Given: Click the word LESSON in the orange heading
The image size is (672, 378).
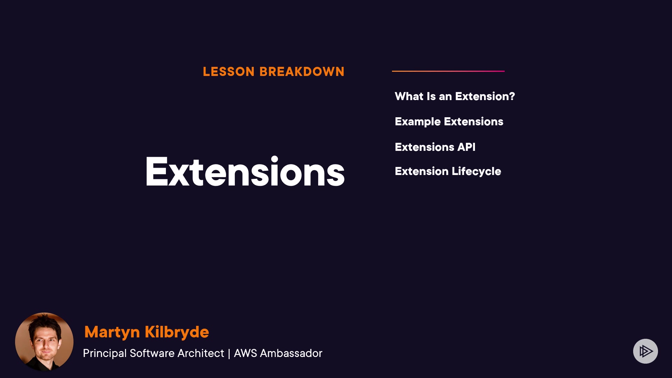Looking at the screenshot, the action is [x=229, y=72].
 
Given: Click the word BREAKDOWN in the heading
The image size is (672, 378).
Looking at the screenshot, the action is [x=302, y=72].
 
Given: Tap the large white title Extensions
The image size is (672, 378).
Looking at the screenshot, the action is [x=245, y=171].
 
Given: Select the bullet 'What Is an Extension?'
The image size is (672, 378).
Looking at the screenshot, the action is [x=455, y=96].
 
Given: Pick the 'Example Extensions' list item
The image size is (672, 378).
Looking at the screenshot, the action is [x=449, y=121].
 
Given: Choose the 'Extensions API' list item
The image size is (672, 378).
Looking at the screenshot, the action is [x=435, y=147].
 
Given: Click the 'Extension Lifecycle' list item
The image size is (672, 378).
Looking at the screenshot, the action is [x=448, y=171].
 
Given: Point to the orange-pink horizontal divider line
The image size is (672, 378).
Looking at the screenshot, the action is [x=448, y=71].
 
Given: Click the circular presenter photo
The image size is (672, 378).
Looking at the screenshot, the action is [x=44, y=342].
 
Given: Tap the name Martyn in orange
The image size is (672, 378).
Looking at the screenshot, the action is [x=112, y=332].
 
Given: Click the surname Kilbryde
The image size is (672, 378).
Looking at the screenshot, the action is [x=177, y=331].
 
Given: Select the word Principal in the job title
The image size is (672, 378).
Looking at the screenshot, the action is [x=105, y=353].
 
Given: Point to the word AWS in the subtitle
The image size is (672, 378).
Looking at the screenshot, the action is [x=245, y=353].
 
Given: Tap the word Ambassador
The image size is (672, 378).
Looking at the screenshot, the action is [x=291, y=353].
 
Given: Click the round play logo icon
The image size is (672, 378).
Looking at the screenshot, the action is [x=645, y=351].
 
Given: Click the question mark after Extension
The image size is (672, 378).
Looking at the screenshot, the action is [x=511, y=96].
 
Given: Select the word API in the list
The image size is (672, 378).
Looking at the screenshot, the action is [x=466, y=147].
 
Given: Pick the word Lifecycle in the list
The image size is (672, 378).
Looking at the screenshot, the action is [x=476, y=171].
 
